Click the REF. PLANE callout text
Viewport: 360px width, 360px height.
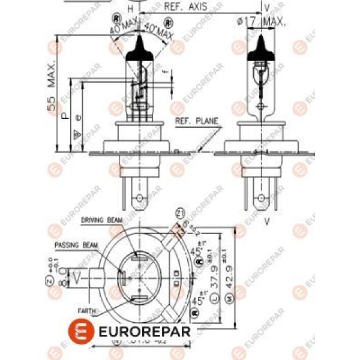(196, 121)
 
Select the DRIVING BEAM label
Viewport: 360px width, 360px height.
(101, 220)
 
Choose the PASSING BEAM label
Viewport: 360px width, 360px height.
(76, 245)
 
